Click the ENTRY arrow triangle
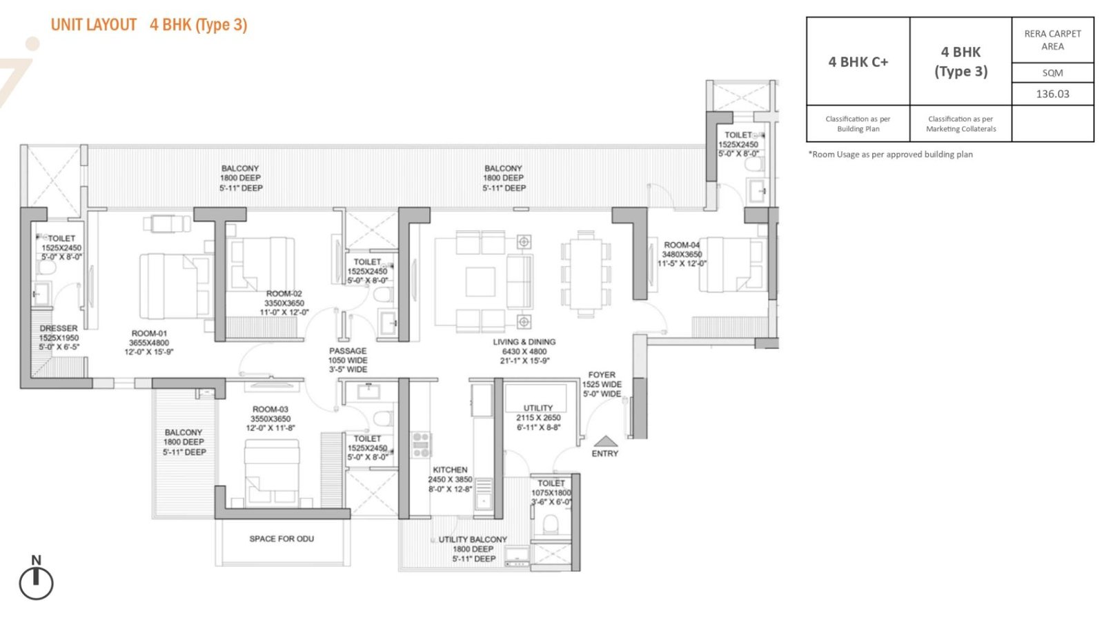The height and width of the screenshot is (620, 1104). (605, 441)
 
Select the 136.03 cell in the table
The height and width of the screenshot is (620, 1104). (1052, 94)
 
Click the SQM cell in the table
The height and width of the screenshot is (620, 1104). (1052, 73)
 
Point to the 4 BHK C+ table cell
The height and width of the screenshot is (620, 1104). (858, 61)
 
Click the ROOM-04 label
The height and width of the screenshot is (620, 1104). (682, 245)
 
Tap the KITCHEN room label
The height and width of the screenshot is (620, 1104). (450, 470)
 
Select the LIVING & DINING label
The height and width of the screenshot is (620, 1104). (524, 342)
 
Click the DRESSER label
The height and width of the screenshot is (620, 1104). (59, 328)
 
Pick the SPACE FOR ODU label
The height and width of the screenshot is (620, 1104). (282, 539)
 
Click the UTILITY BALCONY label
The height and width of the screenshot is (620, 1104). (472, 539)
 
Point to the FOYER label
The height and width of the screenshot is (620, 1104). (602, 374)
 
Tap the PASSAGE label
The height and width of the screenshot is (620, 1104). (348, 350)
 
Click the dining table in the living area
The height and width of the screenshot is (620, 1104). (586, 274)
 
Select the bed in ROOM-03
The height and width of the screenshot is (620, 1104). (272, 472)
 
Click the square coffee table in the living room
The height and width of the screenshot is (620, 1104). (480, 281)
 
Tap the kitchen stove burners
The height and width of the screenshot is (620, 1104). (421, 445)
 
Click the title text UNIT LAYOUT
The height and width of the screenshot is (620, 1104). (94, 25)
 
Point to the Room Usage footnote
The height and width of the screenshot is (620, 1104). (891, 154)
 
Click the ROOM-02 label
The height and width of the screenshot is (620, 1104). (284, 294)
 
